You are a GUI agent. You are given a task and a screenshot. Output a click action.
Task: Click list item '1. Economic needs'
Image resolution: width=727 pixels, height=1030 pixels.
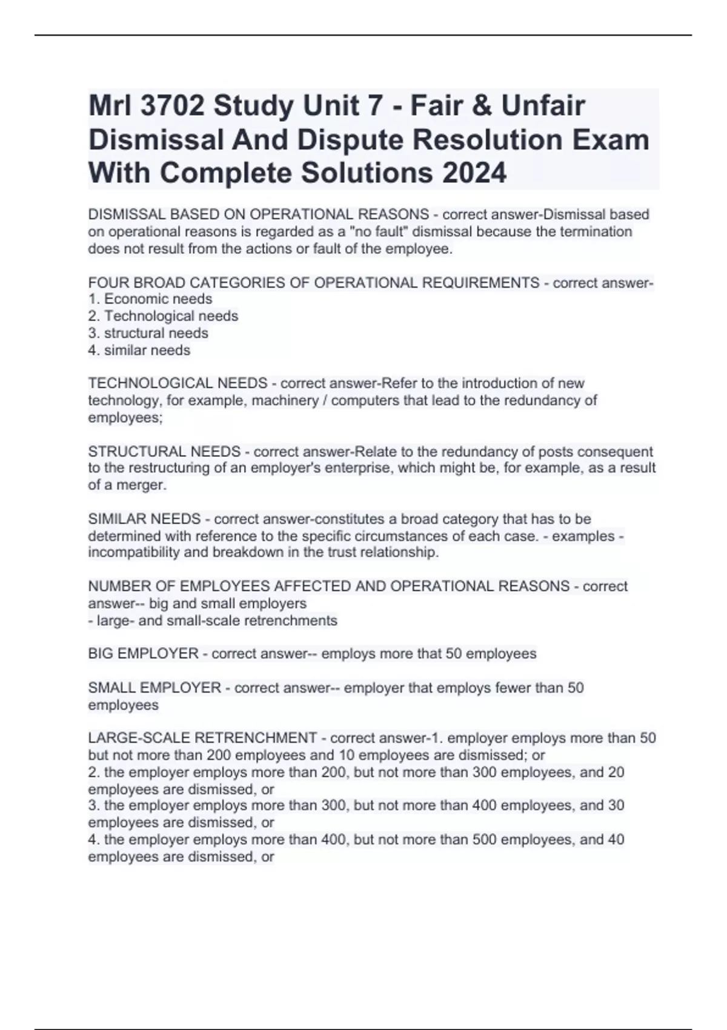pyautogui.click(x=150, y=299)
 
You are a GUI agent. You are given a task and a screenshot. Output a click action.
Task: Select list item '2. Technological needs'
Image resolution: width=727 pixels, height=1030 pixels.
pyautogui.click(x=163, y=316)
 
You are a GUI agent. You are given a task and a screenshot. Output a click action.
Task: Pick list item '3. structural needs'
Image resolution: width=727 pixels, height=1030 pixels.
pyautogui.click(x=148, y=333)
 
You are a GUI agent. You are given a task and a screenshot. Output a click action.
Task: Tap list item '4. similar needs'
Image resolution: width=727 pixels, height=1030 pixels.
pyautogui.click(x=139, y=350)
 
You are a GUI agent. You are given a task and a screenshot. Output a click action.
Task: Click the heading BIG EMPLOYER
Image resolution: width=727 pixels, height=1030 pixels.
pyautogui.click(x=144, y=654)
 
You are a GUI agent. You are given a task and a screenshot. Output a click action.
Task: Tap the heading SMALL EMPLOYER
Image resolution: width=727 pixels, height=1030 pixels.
pyautogui.click(x=154, y=688)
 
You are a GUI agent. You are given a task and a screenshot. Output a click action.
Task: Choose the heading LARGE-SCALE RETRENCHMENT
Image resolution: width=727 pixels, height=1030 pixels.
pyautogui.click(x=202, y=738)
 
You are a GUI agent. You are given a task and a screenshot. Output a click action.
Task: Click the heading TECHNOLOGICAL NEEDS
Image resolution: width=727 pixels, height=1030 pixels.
pyautogui.click(x=178, y=383)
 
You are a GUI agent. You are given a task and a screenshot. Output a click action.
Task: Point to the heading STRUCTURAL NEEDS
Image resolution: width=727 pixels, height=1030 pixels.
pyautogui.click(x=164, y=451)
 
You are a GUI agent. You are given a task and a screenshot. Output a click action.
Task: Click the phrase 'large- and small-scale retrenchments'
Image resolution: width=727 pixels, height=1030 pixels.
pyautogui.click(x=217, y=620)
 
